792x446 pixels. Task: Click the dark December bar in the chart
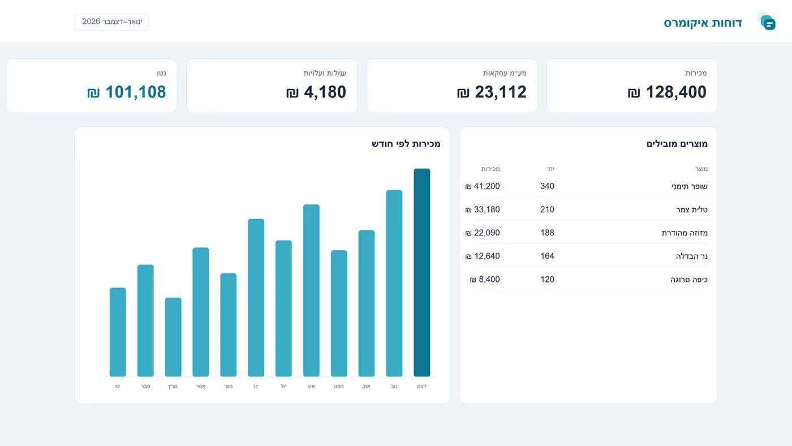(x=422, y=272)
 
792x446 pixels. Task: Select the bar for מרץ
(x=173, y=337)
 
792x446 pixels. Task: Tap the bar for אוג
(x=311, y=290)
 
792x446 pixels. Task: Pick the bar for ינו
(x=118, y=332)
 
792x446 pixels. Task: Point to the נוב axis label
(x=394, y=386)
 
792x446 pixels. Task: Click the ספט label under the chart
(x=339, y=386)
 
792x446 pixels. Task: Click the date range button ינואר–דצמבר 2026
(x=111, y=22)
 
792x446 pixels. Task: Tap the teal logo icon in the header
(x=767, y=22)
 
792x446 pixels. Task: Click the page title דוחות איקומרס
(x=703, y=23)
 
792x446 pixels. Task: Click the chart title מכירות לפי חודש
(x=406, y=144)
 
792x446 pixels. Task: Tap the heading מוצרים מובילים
(x=677, y=144)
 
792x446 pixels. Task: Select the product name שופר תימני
(x=690, y=186)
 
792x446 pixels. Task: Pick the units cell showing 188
(x=548, y=233)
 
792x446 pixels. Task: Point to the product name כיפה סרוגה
(x=689, y=280)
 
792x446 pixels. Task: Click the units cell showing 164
(x=548, y=256)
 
